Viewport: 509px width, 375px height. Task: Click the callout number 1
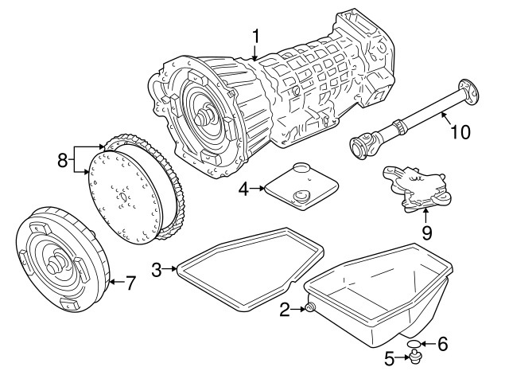[x=256, y=35]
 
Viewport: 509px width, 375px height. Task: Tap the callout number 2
[x=284, y=310]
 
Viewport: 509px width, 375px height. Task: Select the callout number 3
[x=157, y=270]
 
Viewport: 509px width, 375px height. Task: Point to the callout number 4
[x=245, y=189]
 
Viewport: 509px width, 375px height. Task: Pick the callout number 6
[x=443, y=344]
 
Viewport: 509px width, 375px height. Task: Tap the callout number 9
[x=425, y=233]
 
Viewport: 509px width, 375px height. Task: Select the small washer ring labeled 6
[x=414, y=344]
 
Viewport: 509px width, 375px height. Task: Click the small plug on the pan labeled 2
[x=309, y=309]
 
